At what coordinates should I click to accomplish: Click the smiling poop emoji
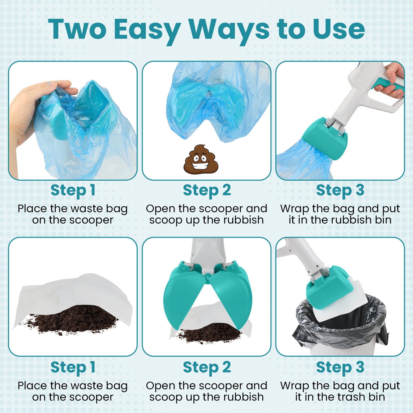click(201, 159)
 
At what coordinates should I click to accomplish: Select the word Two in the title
click(77, 29)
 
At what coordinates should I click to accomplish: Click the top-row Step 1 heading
click(73, 190)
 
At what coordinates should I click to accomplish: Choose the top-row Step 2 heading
click(207, 190)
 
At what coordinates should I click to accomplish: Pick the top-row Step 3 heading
click(340, 190)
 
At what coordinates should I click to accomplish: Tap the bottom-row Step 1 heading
click(73, 367)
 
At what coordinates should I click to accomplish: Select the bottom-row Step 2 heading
click(207, 367)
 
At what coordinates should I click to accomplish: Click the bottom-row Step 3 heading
click(340, 367)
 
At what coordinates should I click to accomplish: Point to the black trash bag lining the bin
click(341, 323)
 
